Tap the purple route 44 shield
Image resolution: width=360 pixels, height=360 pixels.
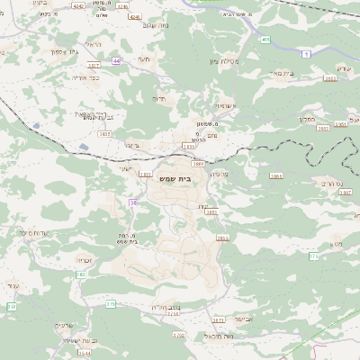click(x=117, y=60)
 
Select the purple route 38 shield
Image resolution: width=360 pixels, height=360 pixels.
click(x=134, y=203)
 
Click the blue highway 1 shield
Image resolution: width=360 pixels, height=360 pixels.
click(x=306, y=55)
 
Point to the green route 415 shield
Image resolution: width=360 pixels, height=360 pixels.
click(x=265, y=40)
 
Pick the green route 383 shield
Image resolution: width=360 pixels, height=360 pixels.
click(x=79, y=274)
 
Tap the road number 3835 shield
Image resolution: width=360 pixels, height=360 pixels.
click(x=104, y=134)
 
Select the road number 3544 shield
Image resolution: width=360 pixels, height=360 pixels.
click(x=84, y=354)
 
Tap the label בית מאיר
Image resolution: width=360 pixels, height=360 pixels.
click(x=283, y=73)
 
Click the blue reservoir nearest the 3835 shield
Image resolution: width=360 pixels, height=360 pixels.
click(x=83, y=146)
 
